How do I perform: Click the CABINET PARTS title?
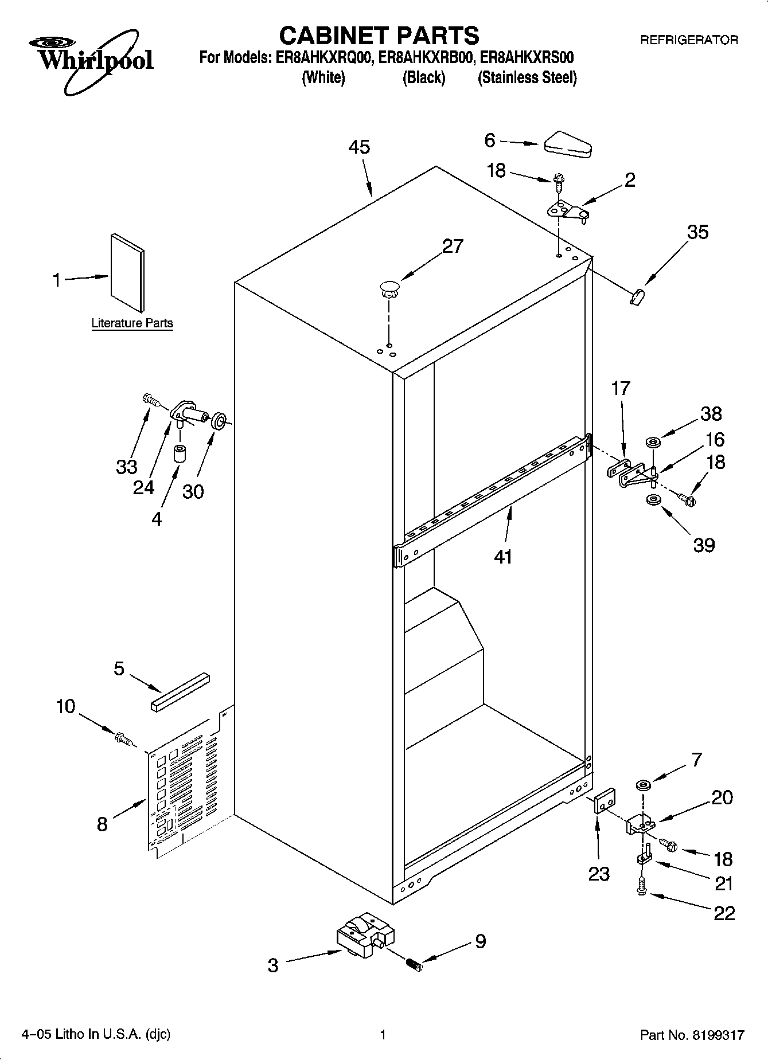tap(379, 36)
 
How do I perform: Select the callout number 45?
tap(359, 147)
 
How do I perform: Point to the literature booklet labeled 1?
tap(127, 272)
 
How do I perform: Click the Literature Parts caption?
tap(132, 323)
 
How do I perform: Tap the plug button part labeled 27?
tap(389, 288)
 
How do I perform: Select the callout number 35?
tap(697, 232)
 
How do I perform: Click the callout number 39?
tap(704, 545)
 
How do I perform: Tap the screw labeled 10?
tap(123, 739)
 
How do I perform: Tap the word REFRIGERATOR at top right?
tap(688, 40)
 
